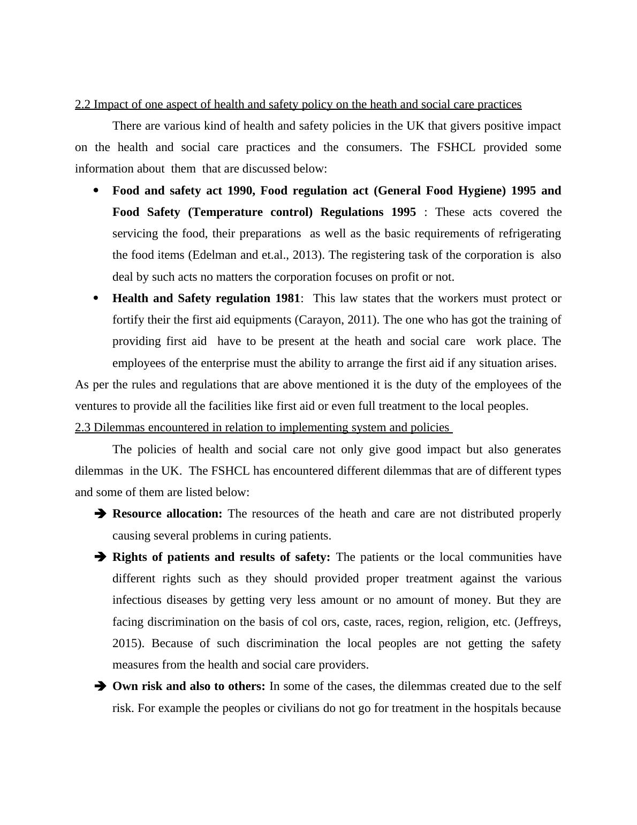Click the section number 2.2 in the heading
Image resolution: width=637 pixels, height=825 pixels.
82,104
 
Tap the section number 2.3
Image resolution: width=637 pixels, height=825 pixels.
82,427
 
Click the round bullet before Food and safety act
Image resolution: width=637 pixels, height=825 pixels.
96,191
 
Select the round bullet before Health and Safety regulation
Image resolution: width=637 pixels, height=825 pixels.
96,298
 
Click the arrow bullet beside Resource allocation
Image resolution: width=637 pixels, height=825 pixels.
100,514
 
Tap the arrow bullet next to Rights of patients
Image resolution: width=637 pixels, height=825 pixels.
100,557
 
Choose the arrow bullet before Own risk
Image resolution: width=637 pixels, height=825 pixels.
100,686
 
